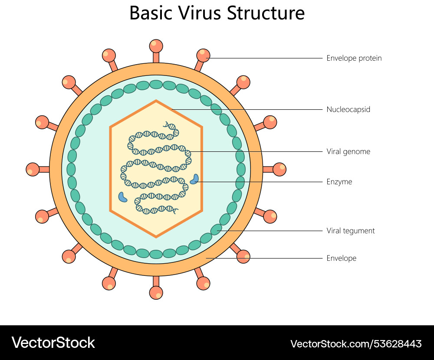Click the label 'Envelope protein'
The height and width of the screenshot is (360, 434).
pos(354,58)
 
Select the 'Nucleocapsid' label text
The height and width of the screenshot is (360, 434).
pos(348,109)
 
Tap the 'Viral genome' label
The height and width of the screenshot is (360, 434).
pos(348,151)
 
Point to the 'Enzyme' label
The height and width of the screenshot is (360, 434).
pos(339,182)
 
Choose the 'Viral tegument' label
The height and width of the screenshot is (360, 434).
pos(350,231)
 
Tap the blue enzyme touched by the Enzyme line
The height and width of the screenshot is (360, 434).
pos(195,179)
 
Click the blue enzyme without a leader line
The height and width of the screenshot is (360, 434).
pos(123,197)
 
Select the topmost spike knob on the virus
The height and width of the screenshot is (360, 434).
pos(156,46)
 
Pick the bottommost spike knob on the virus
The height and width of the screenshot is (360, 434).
pos(156,293)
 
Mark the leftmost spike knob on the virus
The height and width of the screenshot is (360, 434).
pos(33,169)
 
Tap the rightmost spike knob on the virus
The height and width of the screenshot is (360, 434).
pos(279,169)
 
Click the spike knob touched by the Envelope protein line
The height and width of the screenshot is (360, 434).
pos(203,55)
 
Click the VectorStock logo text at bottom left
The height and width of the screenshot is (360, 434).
pos(53,343)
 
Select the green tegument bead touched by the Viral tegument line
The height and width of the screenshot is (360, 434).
pos(216,229)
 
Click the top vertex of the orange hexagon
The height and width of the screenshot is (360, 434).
pos(156,101)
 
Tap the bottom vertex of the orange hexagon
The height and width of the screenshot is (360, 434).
pos(156,237)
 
